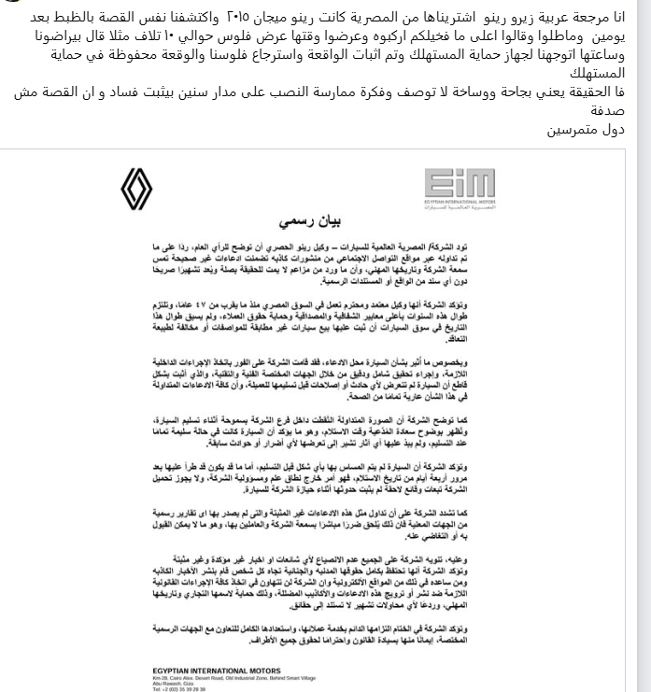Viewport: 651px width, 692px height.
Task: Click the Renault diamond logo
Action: (x=136, y=190)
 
